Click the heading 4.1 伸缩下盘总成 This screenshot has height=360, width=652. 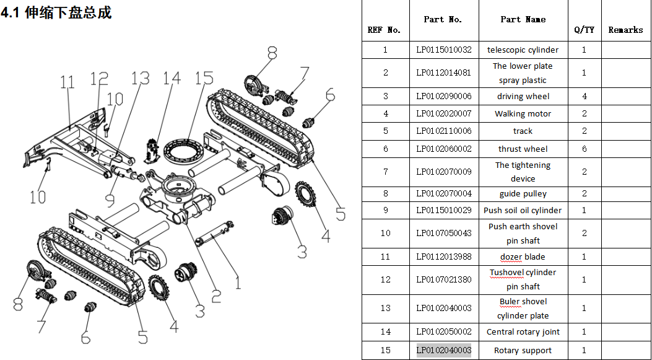[56, 12]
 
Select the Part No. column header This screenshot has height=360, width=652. [443, 19]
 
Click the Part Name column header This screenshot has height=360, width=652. [523, 19]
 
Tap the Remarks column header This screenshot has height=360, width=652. [625, 30]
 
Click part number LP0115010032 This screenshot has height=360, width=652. [443, 50]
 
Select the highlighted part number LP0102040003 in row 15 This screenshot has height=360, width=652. [443, 350]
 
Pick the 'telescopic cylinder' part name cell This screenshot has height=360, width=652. [523, 50]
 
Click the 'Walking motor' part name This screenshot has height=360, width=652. [523, 113]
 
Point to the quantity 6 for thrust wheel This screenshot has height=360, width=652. [584, 149]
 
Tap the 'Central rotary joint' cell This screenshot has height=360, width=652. [523, 331]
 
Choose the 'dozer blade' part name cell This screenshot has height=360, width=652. [523, 257]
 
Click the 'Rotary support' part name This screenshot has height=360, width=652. [523, 350]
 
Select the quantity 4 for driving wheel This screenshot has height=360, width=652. [584, 96]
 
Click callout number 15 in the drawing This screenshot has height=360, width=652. [204, 79]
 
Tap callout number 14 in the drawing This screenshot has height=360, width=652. [172, 79]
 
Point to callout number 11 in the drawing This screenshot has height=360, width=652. [67, 82]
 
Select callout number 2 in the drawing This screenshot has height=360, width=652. [215, 296]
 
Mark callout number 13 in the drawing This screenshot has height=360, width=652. [140, 79]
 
